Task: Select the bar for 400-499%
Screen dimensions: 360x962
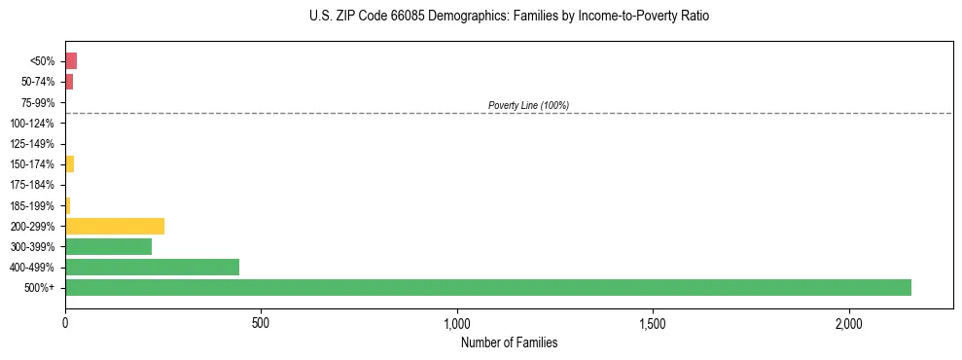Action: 152,267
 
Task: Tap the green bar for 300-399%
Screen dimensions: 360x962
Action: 108,246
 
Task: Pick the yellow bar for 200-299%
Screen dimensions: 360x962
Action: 115,226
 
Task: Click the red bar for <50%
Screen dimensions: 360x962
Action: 71,61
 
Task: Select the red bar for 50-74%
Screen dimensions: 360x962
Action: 69,82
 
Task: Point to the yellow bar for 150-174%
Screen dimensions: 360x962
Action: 70,164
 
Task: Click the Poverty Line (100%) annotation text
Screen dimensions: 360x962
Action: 528,105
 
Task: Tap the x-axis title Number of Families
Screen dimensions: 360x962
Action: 509,342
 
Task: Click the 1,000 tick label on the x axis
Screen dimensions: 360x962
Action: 457,322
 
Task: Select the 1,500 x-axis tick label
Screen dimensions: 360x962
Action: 653,322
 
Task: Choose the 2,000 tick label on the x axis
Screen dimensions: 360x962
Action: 849,322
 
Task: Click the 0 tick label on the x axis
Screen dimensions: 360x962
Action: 65,322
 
